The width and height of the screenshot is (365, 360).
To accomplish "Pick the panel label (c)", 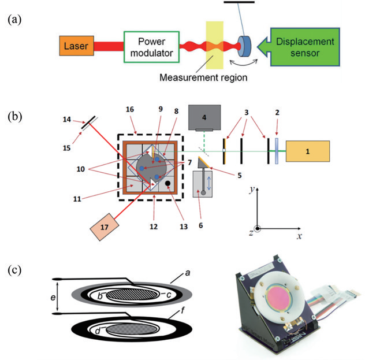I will (15, 270).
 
